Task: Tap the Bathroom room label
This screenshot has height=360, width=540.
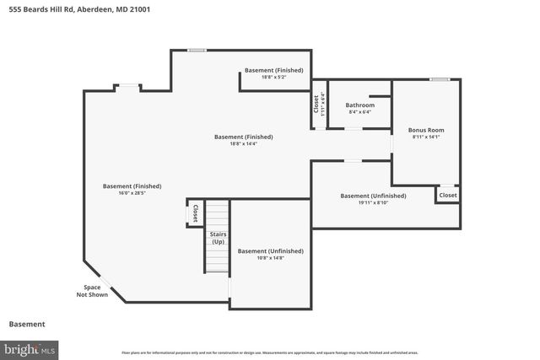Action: pyautogui.click(x=359, y=105)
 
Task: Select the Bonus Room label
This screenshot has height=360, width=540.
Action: pyautogui.click(x=426, y=130)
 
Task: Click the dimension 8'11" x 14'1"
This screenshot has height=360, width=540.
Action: pyautogui.click(x=426, y=137)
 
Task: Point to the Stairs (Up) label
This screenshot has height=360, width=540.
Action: pyautogui.click(x=218, y=238)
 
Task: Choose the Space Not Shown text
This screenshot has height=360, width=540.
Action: pyautogui.click(x=92, y=291)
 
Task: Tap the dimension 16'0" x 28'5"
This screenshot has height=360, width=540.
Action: pyautogui.click(x=132, y=194)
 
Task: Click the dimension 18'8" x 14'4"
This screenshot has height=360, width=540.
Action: pyautogui.click(x=243, y=144)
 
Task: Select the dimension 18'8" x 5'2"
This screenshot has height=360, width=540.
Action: pyautogui.click(x=273, y=78)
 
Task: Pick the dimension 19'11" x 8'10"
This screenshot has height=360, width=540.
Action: pyautogui.click(x=373, y=203)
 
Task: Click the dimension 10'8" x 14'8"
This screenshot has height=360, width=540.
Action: pyautogui.click(x=270, y=258)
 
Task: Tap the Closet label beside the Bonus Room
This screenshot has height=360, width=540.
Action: pyautogui.click(x=447, y=195)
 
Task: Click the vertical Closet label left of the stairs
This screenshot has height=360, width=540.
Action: pyautogui.click(x=196, y=212)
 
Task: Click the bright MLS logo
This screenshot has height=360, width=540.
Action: pyautogui.click(x=30, y=348)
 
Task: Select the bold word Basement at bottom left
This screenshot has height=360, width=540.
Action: pyautogui.click(x=27, y=324)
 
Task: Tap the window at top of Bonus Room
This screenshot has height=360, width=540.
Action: pyautogui.click(x=439, y=80)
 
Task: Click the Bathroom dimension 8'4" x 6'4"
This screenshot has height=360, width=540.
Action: pyautogui.click(x=359, y=112)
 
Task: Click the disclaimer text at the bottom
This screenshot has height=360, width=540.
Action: pyautogui.click(x=269, y=352)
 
